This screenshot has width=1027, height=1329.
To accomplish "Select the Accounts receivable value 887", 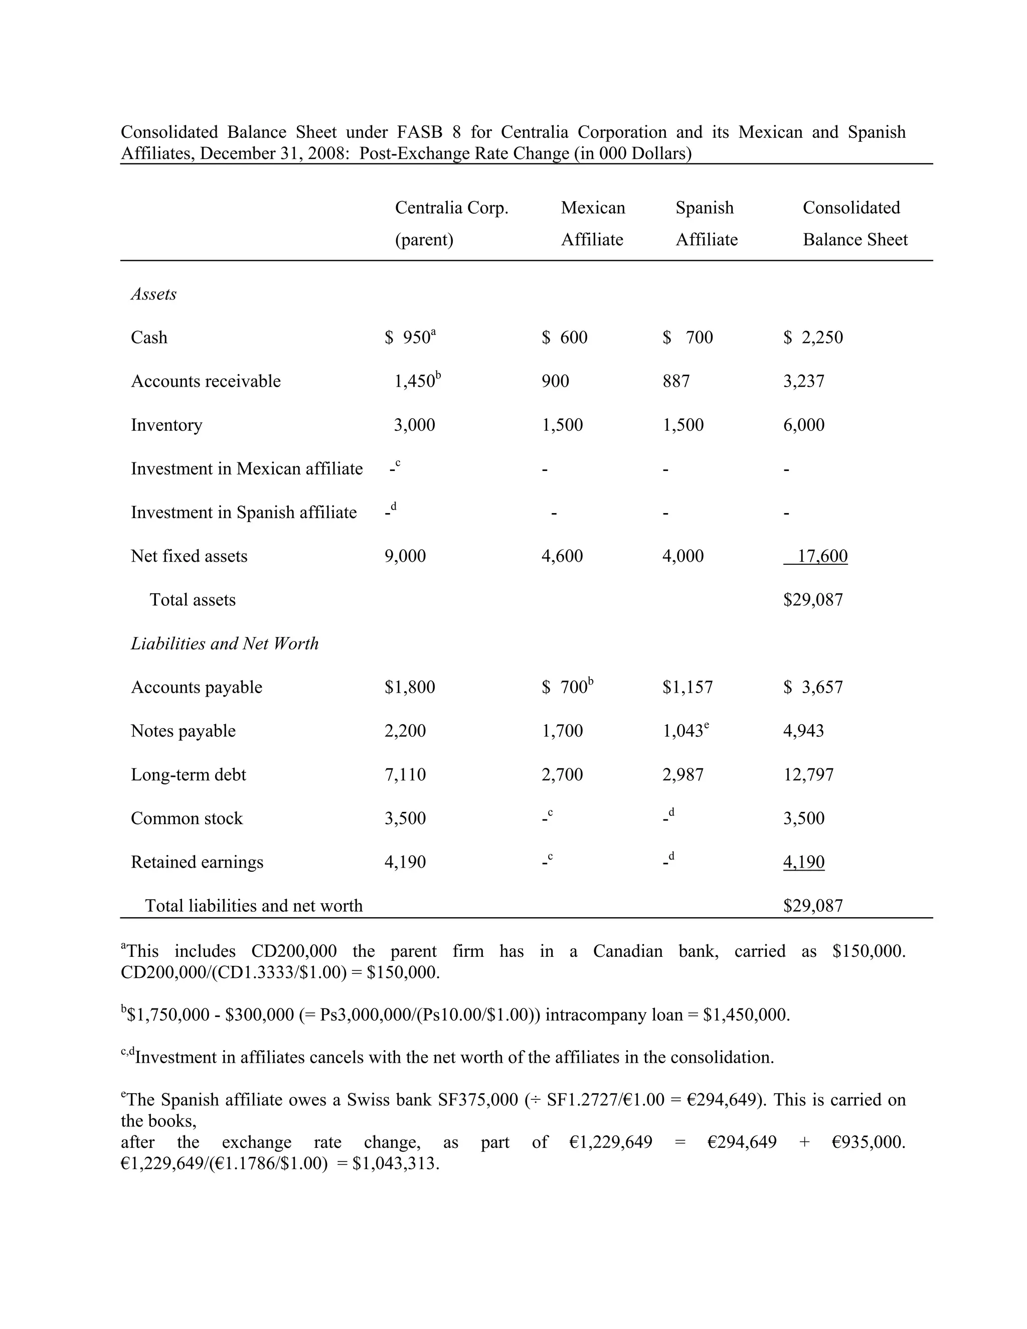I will (676, 382).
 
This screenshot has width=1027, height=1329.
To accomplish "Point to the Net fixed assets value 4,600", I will (562, 556).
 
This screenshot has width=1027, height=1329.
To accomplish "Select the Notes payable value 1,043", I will (682, 731).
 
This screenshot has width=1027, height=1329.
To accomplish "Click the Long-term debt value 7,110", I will (405, 775).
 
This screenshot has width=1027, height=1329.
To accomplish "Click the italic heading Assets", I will (153, 294).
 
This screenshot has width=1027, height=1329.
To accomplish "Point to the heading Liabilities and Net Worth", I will (225, 644).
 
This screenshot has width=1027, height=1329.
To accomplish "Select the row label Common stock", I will (186, 818).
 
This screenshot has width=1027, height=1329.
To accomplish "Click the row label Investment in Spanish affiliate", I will (243, 513).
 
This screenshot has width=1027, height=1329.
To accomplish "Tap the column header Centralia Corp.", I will (451, 208).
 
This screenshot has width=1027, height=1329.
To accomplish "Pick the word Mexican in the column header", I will (593, 208).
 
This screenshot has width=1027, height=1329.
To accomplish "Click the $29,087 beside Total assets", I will (813, 600).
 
